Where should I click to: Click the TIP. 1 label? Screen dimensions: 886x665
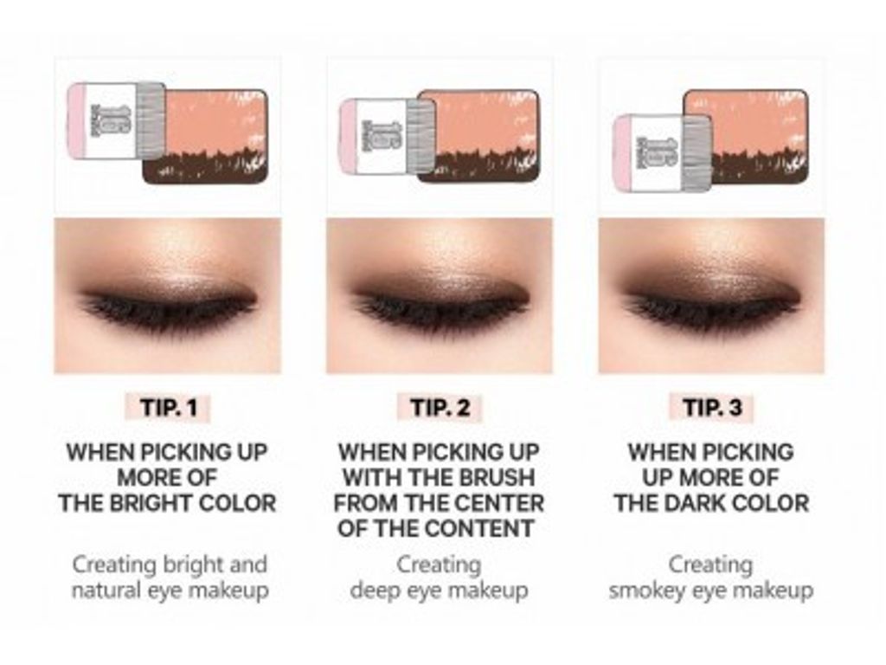(169, 408)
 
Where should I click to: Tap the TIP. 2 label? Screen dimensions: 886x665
(440, 408)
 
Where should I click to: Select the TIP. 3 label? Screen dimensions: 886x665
(712, 408)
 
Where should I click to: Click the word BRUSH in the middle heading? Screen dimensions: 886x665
(496, 478)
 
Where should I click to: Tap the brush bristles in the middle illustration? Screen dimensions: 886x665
(421, 135)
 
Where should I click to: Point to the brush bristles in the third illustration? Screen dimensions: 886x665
(697, 151)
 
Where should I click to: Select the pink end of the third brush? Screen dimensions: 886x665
(621, 153)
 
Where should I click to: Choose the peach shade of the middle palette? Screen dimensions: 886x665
(486, 121)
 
